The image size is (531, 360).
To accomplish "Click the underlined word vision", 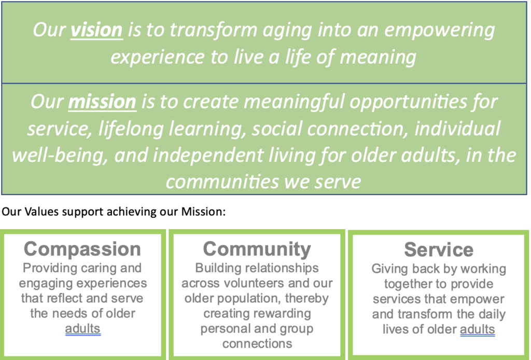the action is (96, 30).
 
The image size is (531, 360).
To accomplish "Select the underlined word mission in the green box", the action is (102, 102).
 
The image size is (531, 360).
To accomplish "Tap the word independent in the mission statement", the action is (208, 156).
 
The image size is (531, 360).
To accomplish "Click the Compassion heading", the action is (82, 249).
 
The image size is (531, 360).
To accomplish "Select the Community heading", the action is (257, 250).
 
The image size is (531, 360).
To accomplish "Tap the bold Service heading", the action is (439, 250).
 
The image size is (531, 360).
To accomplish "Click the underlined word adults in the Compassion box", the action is (82, 329).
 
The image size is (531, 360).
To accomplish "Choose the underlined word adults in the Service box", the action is (478, 329).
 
